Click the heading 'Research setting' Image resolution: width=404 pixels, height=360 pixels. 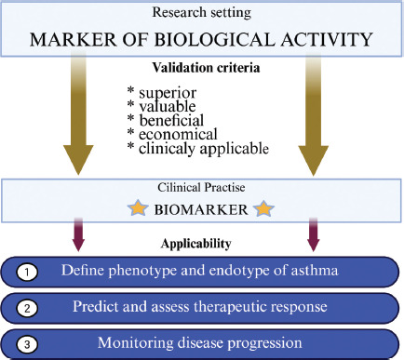pyautogui.click(x=202, y=12)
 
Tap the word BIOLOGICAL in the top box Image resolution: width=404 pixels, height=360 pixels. pyautogui.click(x=214, y=39)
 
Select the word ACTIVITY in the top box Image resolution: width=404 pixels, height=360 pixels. pyautogui.click(x=327, y=39)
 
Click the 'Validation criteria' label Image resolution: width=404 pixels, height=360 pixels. pyautogui.click(x=206, y=68)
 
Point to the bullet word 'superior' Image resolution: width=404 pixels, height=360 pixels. pyautogui.click(x=168, y=93)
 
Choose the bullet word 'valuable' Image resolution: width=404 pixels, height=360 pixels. pyautogui.click(x=168, y=106)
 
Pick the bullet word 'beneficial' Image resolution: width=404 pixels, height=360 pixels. pyautogui.click(x=171, y=120)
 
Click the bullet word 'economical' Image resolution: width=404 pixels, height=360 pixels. pyautogui.click(x=178, y=134)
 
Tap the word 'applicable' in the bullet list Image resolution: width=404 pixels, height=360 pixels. pyautogui.click(x=235, y=149)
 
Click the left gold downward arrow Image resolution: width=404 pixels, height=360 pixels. pyautogui.click(x=78, y=115)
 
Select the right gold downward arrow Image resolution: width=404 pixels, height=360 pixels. pyautogui.click(x=314, y=115)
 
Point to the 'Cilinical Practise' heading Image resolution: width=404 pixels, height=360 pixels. pyautogui.click(x=201, y=187)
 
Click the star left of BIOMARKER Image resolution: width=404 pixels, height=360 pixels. pyautogui.click(x=138, y=207)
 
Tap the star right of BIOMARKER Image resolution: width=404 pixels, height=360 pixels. pyautogui.click(x=263, y=208)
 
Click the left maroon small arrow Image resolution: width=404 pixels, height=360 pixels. pyautogui.click(x=78, y=234)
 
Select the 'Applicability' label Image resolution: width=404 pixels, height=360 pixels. pyautogui.click(x=196, y=244)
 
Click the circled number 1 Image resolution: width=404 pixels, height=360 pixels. pyautogui.click(x=27, y=273)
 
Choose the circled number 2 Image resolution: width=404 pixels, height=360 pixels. pyautogui.click(x=27, y=308)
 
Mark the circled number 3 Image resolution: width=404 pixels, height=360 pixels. pyautogui.click(x=27, y=344)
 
